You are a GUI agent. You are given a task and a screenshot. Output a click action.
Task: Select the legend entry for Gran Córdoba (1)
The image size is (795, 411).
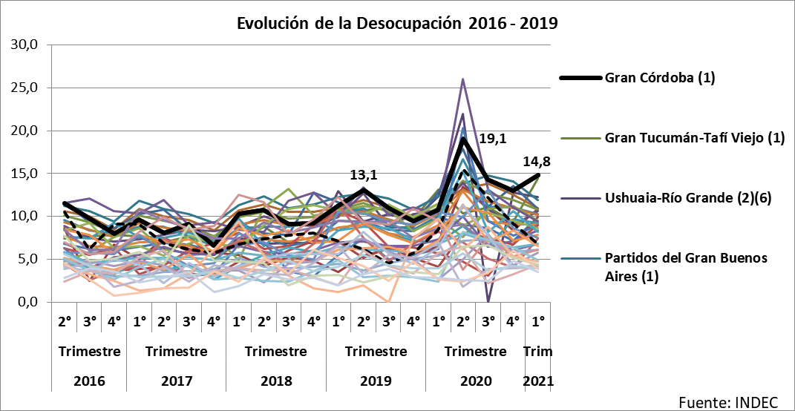[x=659, y=78]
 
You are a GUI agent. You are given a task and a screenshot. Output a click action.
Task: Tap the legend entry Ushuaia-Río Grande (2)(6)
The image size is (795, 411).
[x=689, y=197]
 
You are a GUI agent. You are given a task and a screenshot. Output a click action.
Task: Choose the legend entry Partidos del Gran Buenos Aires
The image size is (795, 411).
[x=686, y=266]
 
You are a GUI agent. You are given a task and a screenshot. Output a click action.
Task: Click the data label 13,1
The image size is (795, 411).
[x=364, y=175]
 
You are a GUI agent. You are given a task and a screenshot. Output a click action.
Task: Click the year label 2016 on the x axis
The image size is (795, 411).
[x=89, y=381]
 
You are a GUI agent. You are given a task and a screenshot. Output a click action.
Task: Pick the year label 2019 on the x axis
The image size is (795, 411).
[x=376, y=381]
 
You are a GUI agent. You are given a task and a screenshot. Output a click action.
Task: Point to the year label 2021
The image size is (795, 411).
[x=538, y=381]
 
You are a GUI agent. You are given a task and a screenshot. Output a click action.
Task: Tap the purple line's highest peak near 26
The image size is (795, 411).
[x=463, y=79]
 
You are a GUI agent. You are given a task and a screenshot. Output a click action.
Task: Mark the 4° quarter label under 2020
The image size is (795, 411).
[x=513, y=322]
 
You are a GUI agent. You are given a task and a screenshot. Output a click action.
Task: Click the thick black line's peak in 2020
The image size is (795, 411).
[x=463, y=139]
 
